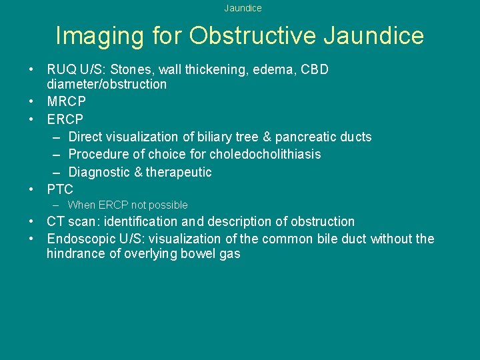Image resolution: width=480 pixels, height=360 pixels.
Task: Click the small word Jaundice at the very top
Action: (243, 8)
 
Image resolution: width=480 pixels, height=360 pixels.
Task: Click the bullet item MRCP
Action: (66, 102)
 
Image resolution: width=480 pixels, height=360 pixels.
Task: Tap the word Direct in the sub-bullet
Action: (86, 137)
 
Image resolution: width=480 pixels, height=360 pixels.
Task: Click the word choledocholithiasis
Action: (265, 154)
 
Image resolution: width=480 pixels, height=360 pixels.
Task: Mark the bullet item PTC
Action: (60, 189)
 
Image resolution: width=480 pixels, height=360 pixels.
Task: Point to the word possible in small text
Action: (169, 205)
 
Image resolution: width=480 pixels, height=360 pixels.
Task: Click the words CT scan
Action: (67, 221)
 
